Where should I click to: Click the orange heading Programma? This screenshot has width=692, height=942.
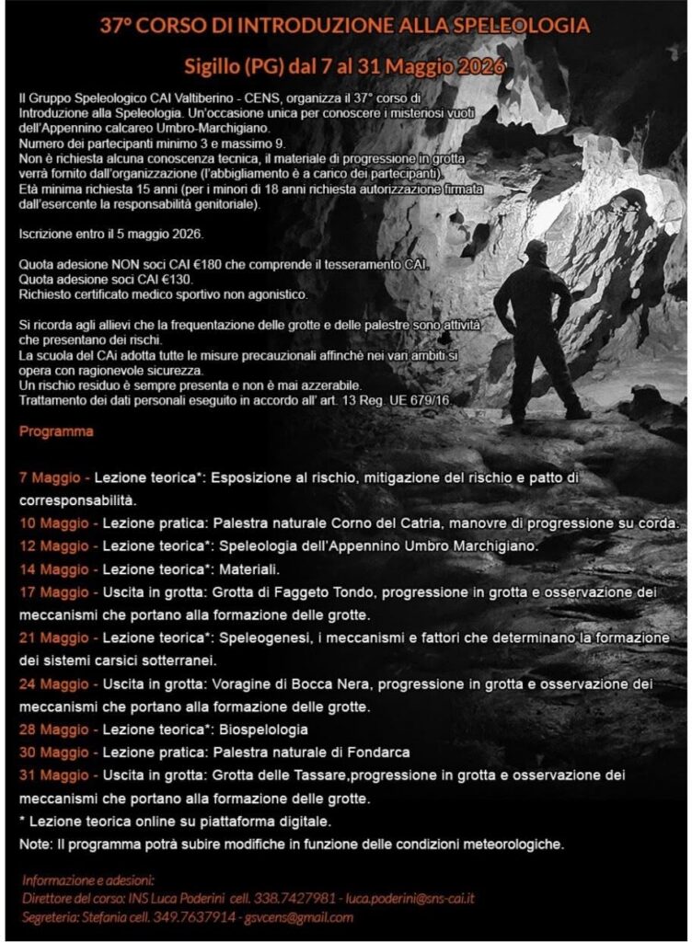click(x=56, y=431)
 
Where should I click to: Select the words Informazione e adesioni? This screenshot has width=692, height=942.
click(x=88, y=879)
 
